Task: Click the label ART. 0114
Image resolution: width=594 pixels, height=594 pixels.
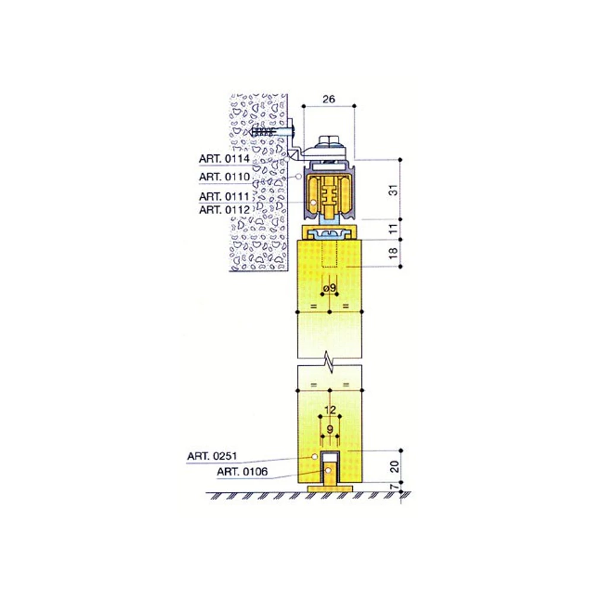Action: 225,159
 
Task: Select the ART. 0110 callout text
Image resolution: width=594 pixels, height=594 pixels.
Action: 225,176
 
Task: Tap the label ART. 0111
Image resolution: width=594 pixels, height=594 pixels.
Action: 225,197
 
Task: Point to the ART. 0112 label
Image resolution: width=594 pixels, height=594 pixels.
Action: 225,210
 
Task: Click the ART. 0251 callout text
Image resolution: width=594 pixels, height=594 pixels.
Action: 212,456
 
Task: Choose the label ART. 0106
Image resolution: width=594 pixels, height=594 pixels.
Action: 242,472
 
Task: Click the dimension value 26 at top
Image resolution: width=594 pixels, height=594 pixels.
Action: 328,99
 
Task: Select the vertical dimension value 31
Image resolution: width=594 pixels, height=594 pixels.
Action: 394,190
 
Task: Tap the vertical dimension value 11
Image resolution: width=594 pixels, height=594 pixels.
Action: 394,229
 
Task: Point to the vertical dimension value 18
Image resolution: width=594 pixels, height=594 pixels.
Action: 394,253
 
